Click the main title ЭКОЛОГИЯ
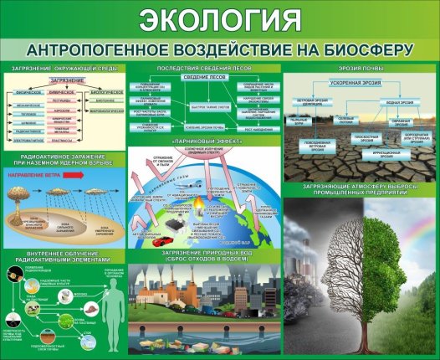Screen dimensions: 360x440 click(219, 18)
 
